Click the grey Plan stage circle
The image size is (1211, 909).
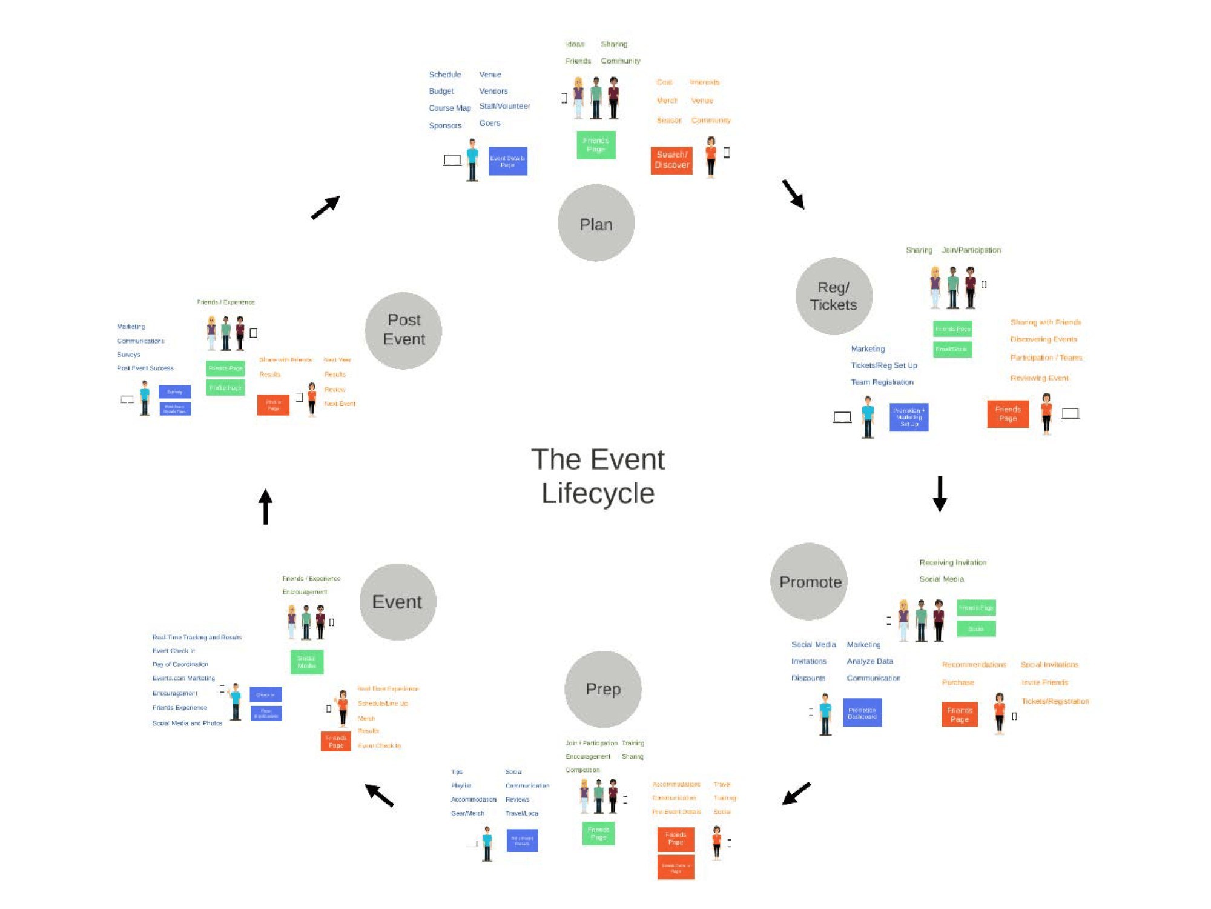(x=596, y=223)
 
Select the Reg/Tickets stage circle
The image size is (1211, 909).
(x=834, y=296)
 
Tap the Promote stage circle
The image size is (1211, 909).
(x=810, y=582)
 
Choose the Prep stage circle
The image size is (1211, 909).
(x=603, y=689)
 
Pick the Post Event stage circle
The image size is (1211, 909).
(x=403, y=330)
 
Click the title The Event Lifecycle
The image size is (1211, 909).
(x=598, y=476)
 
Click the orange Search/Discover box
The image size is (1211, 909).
(x=671, y=160)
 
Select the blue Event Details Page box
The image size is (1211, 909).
(x=507, y=161)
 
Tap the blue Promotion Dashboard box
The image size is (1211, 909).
(x=862, y=713)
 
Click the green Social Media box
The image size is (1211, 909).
(x=306, y=662)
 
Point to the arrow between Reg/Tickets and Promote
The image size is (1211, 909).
(x=940, y=493)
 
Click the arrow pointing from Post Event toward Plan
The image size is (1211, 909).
(x=325, y=208)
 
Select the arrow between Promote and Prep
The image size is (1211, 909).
(x=796, y=793)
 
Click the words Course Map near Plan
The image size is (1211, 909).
(x=449, y=108)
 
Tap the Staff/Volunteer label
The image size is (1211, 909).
(x=504, y=106)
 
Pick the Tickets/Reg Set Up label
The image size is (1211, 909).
(x=883, y=365)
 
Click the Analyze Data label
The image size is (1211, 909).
(x=869, y=661)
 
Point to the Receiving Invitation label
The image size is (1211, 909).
(x=952, y=562)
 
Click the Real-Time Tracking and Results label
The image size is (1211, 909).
(x=197, y=637)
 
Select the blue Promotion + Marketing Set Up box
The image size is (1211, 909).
(x=908, y=418)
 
